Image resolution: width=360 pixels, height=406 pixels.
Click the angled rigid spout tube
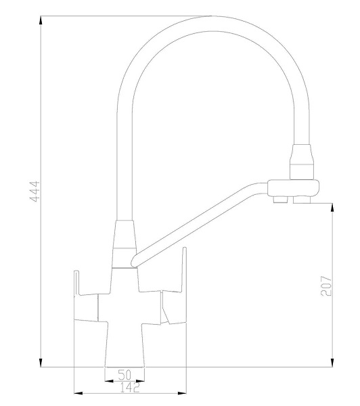tap(203, 223)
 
